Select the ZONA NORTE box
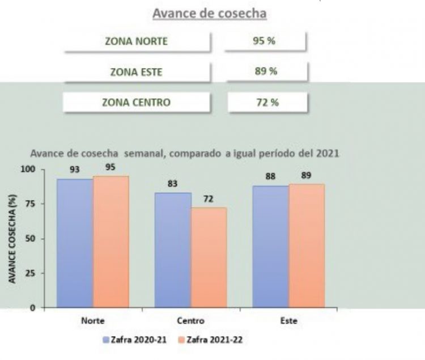click(x=137, y=41)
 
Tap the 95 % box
click(x=265, y=41)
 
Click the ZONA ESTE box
click(x=137, y=71)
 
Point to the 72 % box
click(x=267, y=103)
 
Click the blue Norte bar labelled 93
click(x=75, y=243)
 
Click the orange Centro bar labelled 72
click(x=209, y=258)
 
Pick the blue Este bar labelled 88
click(x=271, y=247)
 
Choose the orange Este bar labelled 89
click(x=307, y=246)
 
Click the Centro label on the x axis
click(x=190, y=320)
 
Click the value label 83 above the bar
click(x=173, y=184)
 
